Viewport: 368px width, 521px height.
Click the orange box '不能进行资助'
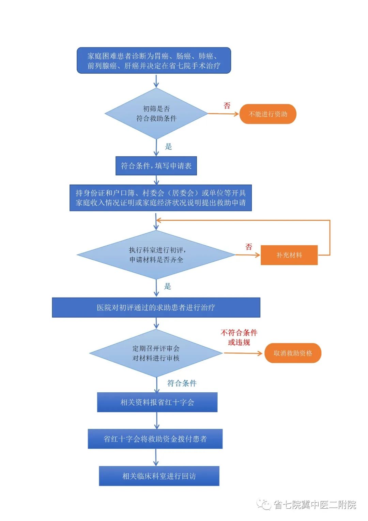(268, 114)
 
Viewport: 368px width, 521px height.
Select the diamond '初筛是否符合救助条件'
(156, 114)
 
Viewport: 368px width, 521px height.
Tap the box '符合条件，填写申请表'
(156, 166)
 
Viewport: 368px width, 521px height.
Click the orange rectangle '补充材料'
(289, 255)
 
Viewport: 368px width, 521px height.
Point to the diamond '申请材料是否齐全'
(156, 255)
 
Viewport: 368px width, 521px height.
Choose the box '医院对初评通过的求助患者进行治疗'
(156, 307)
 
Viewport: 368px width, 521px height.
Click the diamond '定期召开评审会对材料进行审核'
(156, 353)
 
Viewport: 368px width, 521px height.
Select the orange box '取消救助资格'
(293, 353)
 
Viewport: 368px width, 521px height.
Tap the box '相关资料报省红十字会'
(157, 402)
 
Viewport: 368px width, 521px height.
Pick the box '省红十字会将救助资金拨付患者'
(155, 439)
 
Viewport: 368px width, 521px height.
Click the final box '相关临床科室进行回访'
(159, 476)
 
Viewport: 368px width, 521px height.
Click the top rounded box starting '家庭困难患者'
(154, 61)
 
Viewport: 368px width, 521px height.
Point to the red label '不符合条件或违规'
(239, 337)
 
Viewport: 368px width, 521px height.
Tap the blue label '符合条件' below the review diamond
(182, 383)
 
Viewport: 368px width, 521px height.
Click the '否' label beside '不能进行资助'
(227, 106)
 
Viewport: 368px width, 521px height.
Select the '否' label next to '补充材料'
(249, 247)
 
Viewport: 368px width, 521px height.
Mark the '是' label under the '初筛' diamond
(168, 147)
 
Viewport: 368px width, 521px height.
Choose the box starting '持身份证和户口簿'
(160, 198)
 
